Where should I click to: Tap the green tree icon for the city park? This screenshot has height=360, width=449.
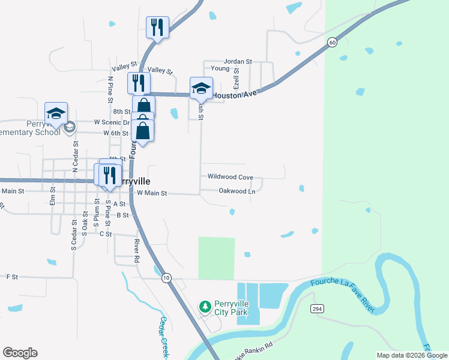point(205,307)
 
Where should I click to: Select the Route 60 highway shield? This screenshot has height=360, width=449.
point(332,42)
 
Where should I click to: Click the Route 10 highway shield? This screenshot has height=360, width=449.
point(166,278)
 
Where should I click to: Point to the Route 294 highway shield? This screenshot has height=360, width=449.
point(318,308)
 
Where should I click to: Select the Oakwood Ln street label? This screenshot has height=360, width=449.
point(237,191)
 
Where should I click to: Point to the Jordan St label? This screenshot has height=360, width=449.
point(238,61)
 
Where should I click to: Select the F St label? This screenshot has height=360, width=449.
point(12,277)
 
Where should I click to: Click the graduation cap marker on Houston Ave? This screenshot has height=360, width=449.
point(201,88)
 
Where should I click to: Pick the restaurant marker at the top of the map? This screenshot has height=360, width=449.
point(157,26)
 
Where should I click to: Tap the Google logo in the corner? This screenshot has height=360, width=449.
point(20,353)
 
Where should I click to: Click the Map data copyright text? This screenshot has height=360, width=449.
point(412,355)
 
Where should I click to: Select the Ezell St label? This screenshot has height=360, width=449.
point(237,79)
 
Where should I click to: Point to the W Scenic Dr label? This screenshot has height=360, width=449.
point(112,122)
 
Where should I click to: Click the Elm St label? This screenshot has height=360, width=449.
point(53,197)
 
